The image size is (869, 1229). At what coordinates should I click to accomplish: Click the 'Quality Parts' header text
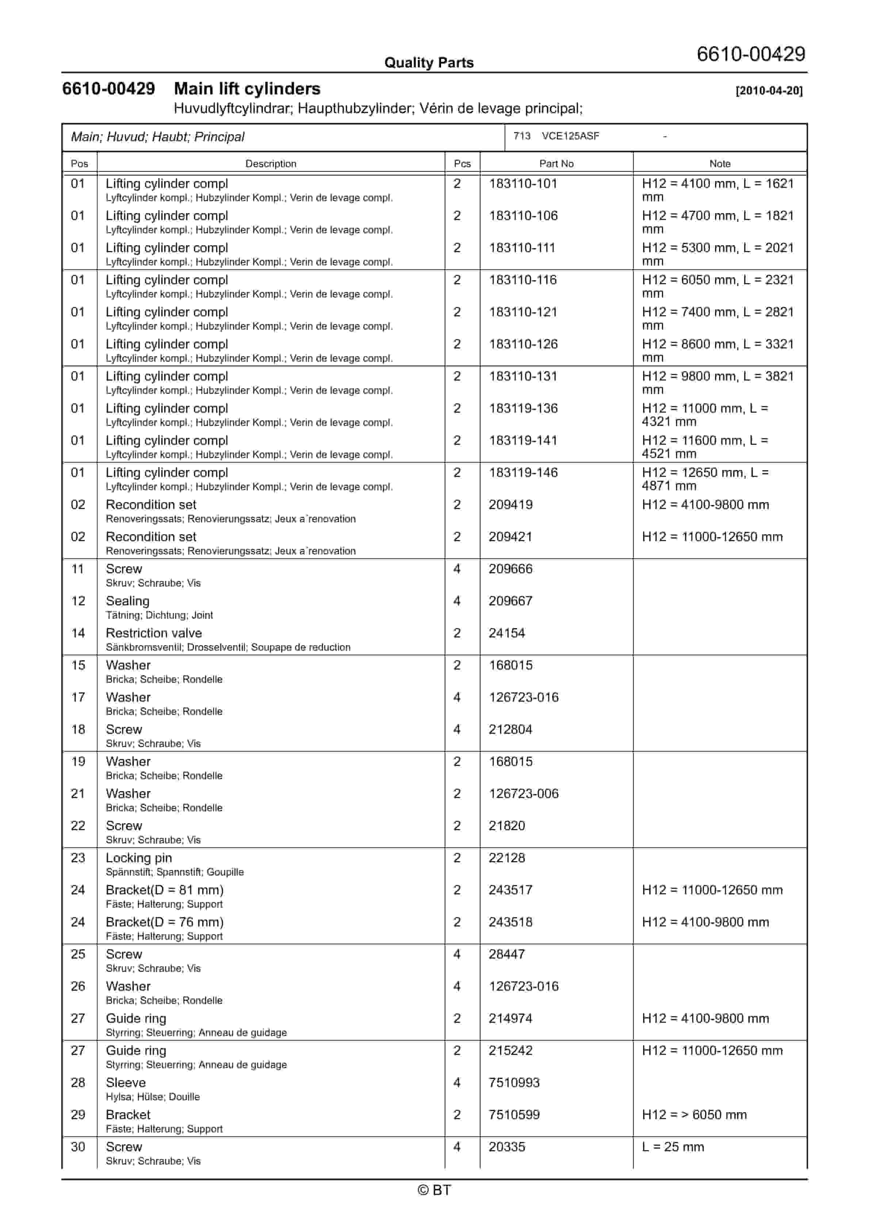(x=429, y=63)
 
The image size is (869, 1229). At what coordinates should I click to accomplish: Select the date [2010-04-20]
(x=769, y=90)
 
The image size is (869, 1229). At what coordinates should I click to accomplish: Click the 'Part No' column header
(x=556, y=164)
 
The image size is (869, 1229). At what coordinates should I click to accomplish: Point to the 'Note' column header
(x=720, y=164)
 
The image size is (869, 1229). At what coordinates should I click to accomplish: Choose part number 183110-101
(x=523, y=184)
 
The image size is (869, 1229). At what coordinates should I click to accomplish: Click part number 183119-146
(x=523, y=473)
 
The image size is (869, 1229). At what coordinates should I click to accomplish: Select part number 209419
(x=510, y=505)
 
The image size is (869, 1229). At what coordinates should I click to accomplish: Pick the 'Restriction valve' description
(x=154, y=633)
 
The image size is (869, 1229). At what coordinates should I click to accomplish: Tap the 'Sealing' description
(x=127, y=601)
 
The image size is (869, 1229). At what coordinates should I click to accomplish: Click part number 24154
(x=507, y=633)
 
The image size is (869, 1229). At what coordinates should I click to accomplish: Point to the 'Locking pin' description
(x=139, y=858)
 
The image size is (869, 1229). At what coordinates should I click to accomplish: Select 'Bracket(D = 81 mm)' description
(x=164, y=890)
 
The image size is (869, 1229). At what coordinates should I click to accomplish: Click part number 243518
(x=510, y=922)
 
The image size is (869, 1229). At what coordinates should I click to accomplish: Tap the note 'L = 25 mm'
(x=673, y=1147)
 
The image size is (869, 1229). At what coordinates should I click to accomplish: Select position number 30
(x=78, y=1147)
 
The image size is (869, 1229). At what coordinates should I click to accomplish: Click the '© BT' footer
(x=434, y=1190)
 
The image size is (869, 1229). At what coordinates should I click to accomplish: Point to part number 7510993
(x=514, y=1083)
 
